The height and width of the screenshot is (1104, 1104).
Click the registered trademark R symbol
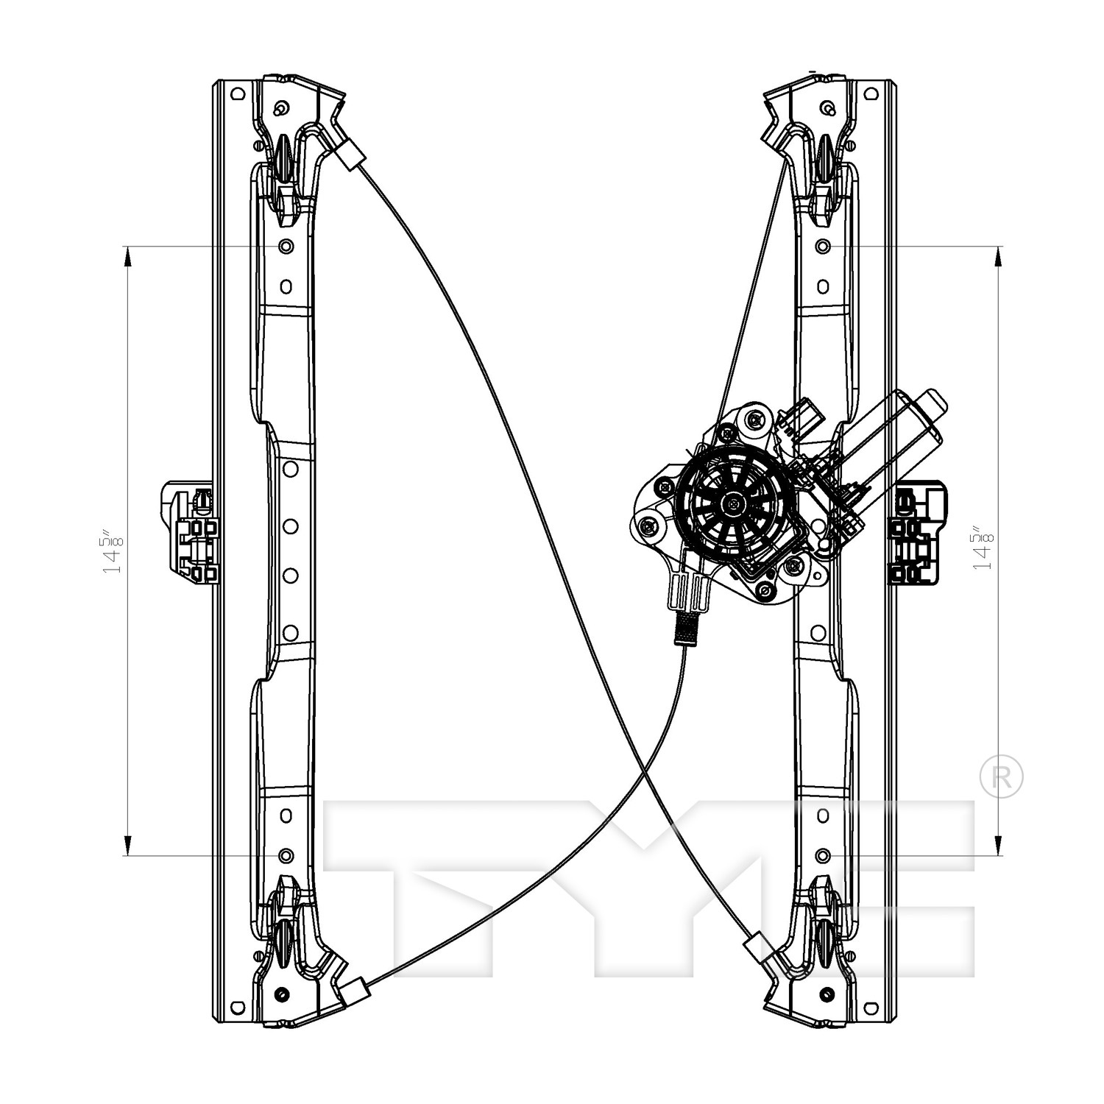click(x=1002, y=776)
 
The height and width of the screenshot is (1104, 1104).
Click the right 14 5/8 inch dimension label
click(x=983, y=548)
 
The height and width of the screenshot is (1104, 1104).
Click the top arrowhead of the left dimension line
click(x=128, y=257)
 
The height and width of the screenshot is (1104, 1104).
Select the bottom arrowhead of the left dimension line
click(x=128, y=844)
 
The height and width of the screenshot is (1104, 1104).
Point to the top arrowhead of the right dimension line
click(x=998, y=257)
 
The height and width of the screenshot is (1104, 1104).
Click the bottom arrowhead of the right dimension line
click(x=998, y=844)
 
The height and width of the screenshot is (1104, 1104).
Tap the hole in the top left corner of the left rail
click(x=236, y=94)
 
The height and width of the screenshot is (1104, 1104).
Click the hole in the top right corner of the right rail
click(x=871, y=94)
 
